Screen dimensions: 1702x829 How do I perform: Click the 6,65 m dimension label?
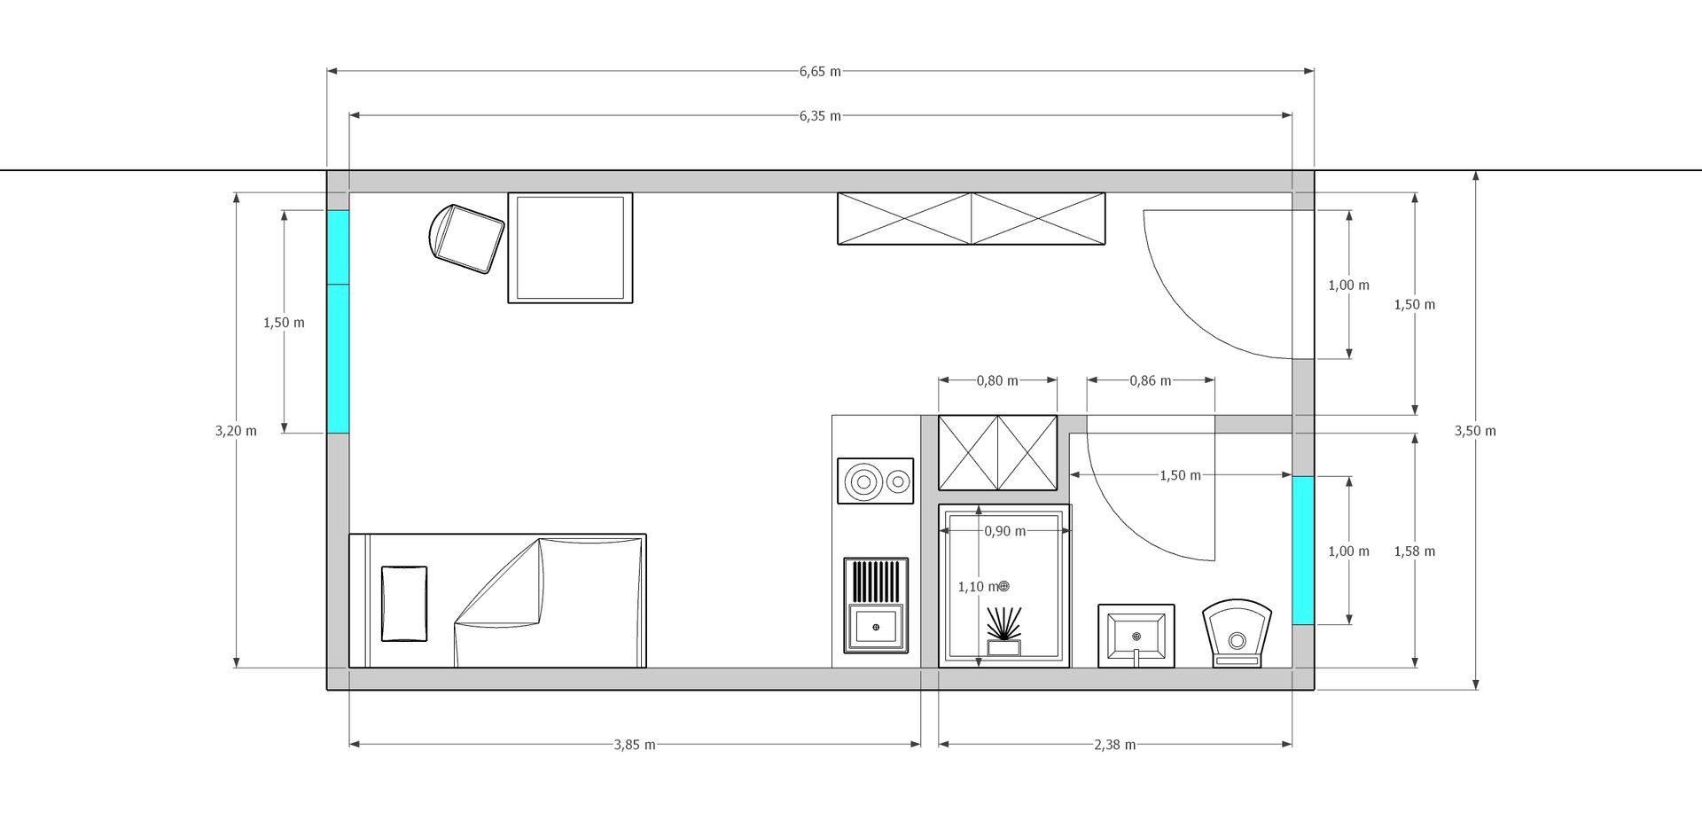(820, 72)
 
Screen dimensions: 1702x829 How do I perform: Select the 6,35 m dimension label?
(820, 116)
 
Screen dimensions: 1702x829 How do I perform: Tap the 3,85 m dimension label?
(635, 745)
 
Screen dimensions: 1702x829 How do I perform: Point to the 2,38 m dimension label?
(1115, 745)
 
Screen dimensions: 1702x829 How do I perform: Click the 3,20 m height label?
(236, 431)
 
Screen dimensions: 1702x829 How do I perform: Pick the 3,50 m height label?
(1475, 431)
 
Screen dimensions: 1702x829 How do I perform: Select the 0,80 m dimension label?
(997, 381)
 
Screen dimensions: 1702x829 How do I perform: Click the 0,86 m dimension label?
(1151, 381)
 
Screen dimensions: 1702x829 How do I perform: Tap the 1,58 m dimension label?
(1415, 551)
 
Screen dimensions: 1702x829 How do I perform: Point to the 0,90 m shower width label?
(1005, 532)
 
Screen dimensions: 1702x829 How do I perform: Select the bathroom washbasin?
(1136, 636)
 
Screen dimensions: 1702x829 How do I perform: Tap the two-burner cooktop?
(875, 481)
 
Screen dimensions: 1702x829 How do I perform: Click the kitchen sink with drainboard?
(876, 606)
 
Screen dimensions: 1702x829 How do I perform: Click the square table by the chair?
(570, 247)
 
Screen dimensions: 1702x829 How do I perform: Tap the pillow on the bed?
(404, 604)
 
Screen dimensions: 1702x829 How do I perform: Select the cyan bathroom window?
(1302, 551)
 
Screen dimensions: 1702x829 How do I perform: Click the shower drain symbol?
(1003, 586)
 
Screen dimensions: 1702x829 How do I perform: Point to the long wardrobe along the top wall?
(972, 218)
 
